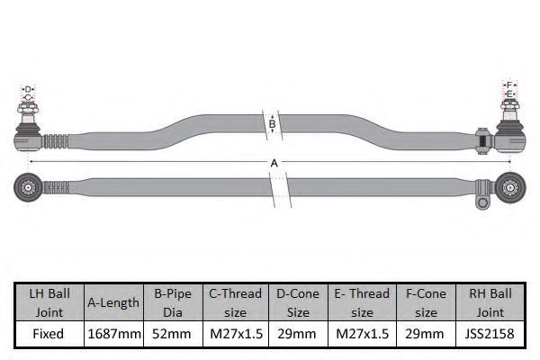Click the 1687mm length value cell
pos(114,334)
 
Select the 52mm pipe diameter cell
pos(172,334)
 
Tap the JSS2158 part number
pos(490,334)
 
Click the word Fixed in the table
pos(49,334)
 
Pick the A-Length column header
pos(113,302)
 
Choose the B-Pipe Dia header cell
pos(173,302)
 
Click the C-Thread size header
pos(235,302)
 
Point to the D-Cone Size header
pos(298,302)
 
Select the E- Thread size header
pos(362,302)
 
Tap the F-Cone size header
pos(426,302)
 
